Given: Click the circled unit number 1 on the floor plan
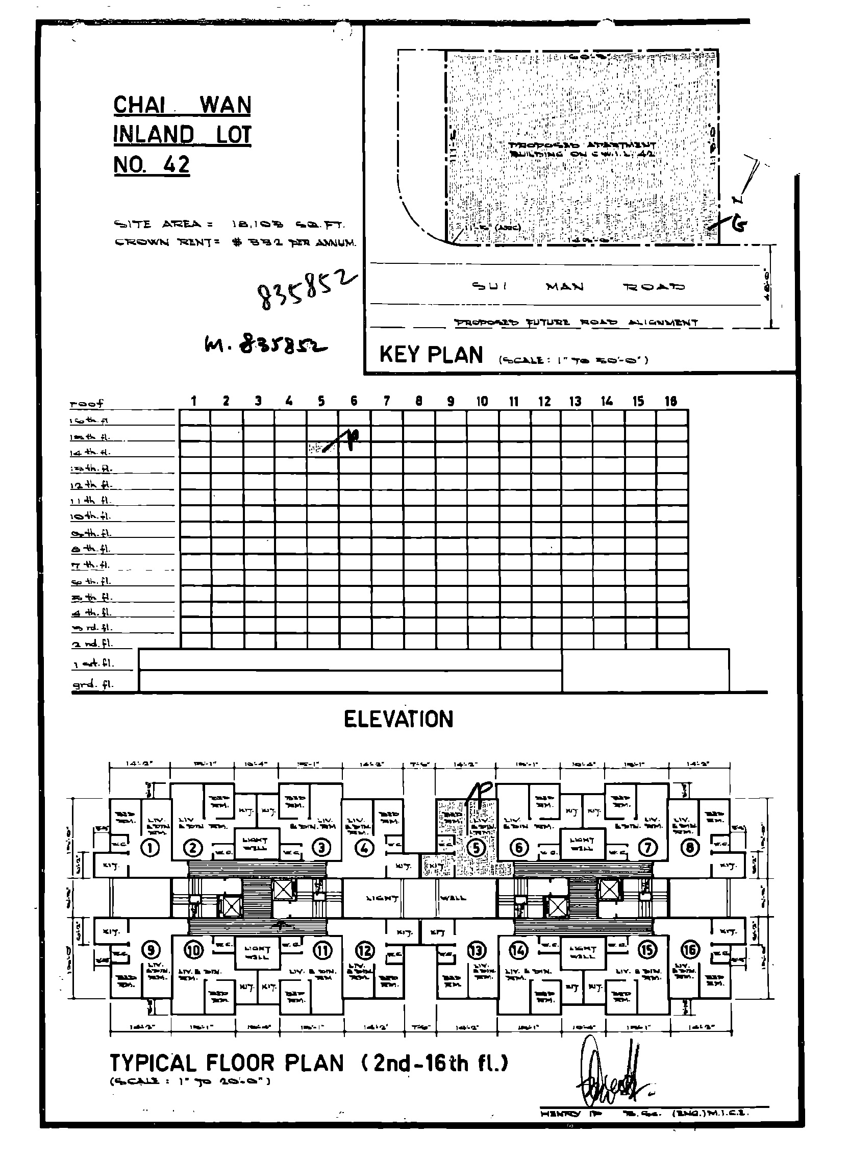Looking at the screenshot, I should point(149,848).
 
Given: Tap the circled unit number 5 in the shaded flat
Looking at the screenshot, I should point(477,848).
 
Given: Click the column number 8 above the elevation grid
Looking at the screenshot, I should point(419,402).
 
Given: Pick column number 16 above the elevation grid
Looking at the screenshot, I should point(670,402).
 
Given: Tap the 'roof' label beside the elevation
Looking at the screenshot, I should point(86,404).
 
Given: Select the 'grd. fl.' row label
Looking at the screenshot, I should point(92,684).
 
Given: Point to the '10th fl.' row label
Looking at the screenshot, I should point(90,516).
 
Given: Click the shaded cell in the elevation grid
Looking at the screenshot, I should point(322,448).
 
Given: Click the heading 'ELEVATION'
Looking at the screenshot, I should point(398,719).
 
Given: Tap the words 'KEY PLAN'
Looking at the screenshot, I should point(431,355).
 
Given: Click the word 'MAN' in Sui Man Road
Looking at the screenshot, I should point(565,286).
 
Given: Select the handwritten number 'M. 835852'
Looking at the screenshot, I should point(266,346).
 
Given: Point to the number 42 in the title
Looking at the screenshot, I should point(176,165).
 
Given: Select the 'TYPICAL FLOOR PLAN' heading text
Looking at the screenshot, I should point(227,1064).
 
